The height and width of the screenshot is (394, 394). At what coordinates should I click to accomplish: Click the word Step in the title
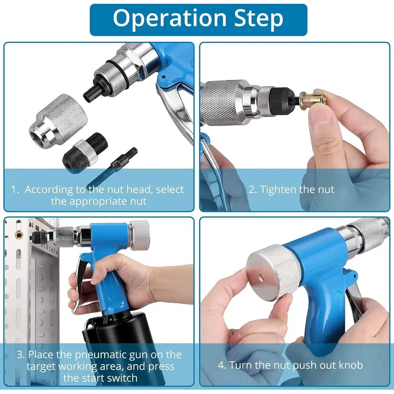(x=256, y=18)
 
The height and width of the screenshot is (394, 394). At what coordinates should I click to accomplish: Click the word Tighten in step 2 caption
(x=278, y=190)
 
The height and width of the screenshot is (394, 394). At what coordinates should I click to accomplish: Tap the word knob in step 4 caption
(x=349, y=365)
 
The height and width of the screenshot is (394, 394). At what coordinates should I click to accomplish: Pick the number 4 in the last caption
(x=221, y=365)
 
